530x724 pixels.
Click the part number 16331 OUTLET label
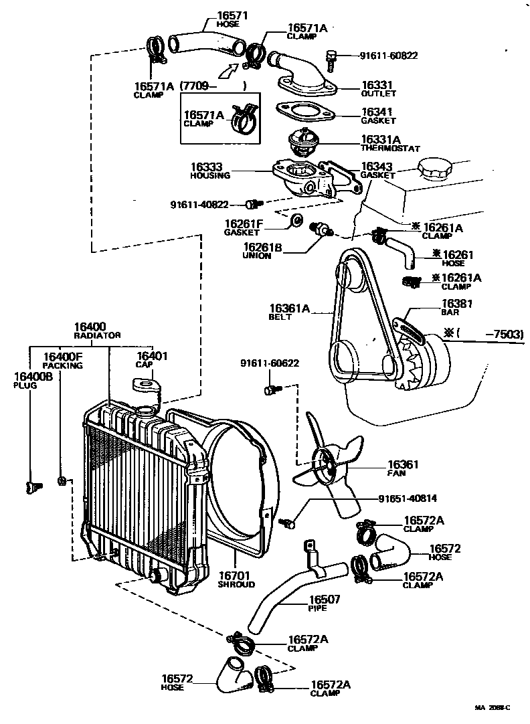pyautogui.click(x=377, y=90)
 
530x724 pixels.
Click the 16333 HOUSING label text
pyautogui.click(x=210, y=171)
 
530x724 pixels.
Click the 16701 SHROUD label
pyautogui.click(x=236, y=579)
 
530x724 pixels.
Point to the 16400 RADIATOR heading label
pyautogui.click(x=97, y=330)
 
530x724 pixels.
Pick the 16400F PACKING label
pyautogui.click(x=63, y=361)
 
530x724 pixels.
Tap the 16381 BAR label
pyautogui.click(x=456, y=306)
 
